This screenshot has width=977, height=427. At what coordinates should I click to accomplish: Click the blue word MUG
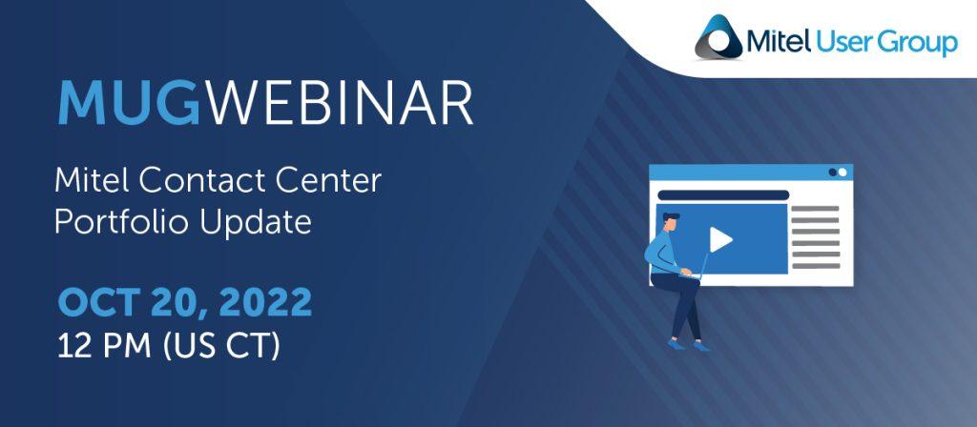click(129, 103)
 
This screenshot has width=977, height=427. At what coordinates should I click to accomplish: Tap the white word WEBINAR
click(340, 103)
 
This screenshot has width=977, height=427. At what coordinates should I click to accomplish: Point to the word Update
click(256, 223)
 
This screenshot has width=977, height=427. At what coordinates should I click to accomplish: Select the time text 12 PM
click(104, 346)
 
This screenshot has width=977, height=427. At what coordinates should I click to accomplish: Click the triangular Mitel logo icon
click(719, 37)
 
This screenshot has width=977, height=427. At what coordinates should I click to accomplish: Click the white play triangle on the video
click(719, 239)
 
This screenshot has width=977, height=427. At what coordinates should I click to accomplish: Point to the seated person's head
click(670, 222)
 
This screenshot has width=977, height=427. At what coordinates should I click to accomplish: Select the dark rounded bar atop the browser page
click(723, 194)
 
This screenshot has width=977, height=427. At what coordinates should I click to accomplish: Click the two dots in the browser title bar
click(838, 173)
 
